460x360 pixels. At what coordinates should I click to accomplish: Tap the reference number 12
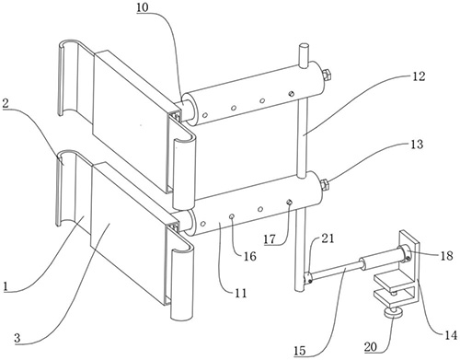click(420, 76)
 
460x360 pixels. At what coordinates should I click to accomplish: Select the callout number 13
click(417, 144)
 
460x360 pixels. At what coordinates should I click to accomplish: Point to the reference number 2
click(6, 103)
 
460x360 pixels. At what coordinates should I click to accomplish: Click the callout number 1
click(5, 287)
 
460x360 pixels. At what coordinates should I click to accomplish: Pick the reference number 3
click(17, 338)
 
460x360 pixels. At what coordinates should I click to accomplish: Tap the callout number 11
click(241, 294)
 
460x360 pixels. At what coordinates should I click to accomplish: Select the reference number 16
click(250, 256)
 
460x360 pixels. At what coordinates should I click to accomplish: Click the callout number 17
click(270, 239)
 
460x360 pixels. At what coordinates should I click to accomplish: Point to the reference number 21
click(328, 238)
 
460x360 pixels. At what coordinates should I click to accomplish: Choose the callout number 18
click(446, 255)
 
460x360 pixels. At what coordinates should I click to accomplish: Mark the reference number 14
click(451, 335)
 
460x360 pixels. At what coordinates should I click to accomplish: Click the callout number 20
click(371, 347)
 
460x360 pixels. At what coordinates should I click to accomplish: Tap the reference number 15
click(300, 351)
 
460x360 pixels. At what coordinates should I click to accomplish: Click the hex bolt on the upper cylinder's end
click(326, 75)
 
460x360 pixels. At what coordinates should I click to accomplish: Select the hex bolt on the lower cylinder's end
click(324, 185)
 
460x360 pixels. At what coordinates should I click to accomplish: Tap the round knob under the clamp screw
click(394, 313)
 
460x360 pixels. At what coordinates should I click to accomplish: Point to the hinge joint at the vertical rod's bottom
click(307, 277)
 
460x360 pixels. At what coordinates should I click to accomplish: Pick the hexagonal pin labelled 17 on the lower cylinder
click(289, 202)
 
